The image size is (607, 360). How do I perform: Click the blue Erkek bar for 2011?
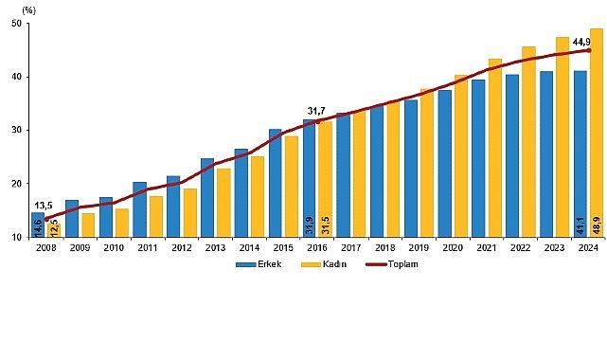pos(139,209)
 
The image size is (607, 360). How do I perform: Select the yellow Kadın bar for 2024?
pos(596,133)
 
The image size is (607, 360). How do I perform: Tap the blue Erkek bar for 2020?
pos(444,163)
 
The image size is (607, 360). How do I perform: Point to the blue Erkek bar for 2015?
pos(275,183)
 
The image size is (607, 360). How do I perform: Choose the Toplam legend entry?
pos(397,264)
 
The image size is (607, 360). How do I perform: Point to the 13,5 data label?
pos(44,205)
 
